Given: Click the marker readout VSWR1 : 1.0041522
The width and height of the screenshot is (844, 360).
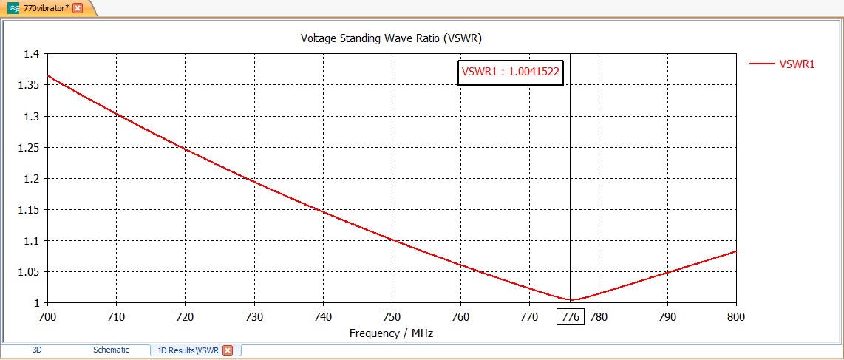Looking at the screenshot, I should click(x=510, y=72).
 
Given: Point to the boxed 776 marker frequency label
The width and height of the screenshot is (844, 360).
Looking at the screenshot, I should click(x=570, y=317).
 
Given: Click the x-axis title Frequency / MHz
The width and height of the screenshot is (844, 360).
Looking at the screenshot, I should click(x=391, y=333).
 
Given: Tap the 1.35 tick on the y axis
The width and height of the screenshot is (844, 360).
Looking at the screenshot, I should click(x=30, y=85).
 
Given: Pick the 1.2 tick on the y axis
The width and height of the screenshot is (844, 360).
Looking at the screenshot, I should click(x=33, y=178).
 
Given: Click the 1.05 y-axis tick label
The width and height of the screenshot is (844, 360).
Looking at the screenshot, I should click(x=30, y=271).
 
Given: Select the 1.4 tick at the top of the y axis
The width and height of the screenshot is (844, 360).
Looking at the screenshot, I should click(x=33, y=54).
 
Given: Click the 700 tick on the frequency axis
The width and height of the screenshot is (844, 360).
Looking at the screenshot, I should click(x=47, y=317).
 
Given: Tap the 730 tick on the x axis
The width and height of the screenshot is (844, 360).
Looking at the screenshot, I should click(x=254, y=317).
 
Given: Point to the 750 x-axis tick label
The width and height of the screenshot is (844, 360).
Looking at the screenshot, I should click(x=392, y=317).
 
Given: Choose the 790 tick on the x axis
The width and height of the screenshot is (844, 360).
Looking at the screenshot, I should click(x=667, y=317).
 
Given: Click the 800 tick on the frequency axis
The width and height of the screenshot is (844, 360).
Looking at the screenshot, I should click(x=736, y=317).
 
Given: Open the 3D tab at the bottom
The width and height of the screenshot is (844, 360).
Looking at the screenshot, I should click(x=37, y=350).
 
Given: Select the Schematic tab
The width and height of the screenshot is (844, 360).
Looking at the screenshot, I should click(x=111, y=350).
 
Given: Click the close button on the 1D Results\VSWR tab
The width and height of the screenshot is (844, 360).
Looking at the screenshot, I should click(x=228, y=350).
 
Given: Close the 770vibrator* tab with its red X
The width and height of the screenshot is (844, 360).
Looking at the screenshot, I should click(x=78, y=7).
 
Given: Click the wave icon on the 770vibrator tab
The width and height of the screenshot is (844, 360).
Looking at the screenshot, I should click(x=13, y=7).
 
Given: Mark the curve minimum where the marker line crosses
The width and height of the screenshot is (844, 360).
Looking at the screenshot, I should click(x=571, y=299).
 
